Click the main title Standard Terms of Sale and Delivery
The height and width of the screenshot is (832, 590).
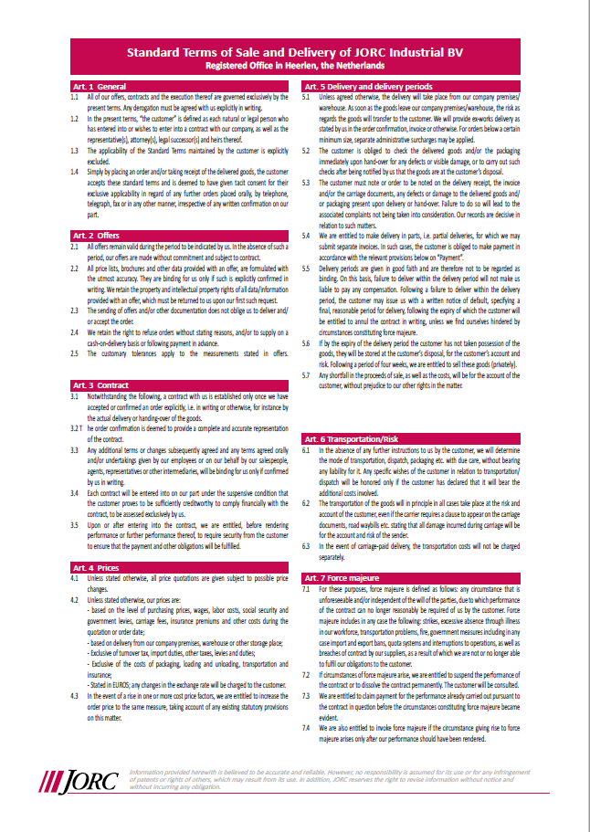294,53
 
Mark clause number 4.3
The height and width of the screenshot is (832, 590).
74,696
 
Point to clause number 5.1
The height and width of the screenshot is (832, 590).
307,96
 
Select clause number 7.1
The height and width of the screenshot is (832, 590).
307,589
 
